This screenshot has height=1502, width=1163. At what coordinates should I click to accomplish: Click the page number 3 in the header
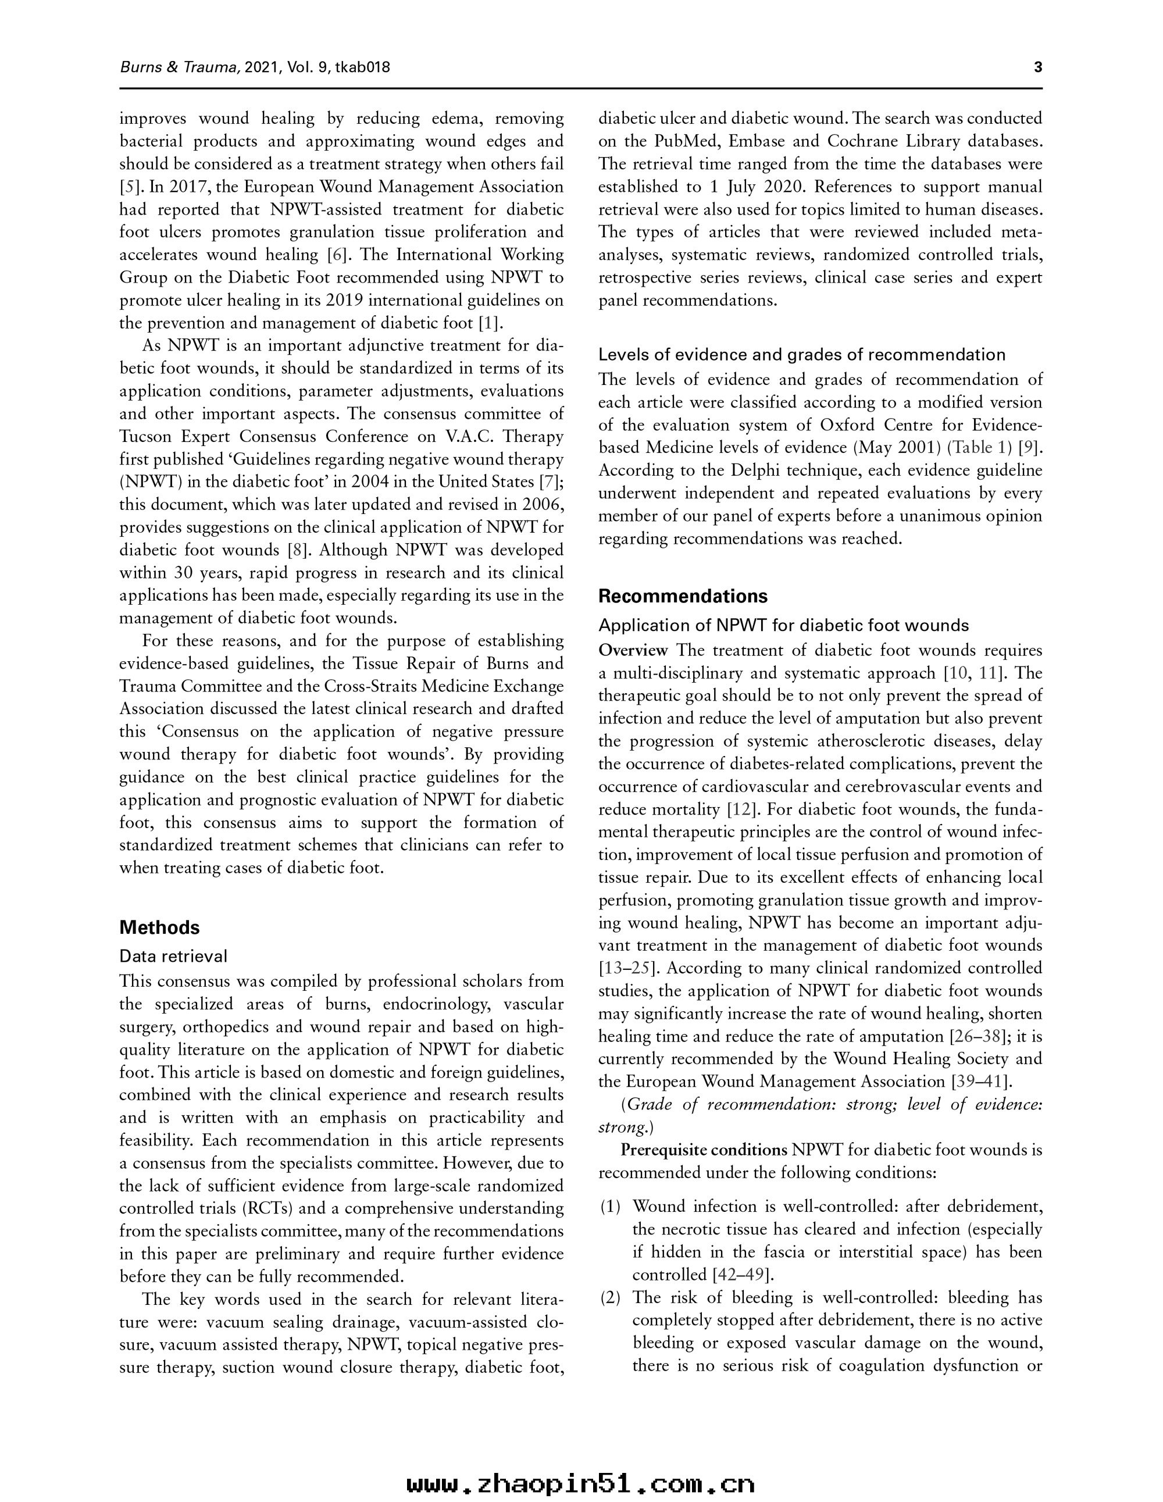tap(1038, 67)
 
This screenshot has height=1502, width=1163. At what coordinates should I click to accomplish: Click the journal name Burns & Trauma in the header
tap(180, 67)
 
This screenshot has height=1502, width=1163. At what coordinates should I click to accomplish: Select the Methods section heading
tap(159, 927)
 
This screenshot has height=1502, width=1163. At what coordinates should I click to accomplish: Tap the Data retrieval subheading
tap(173, 956)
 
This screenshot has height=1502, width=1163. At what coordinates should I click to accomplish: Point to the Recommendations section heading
tap(683, 595)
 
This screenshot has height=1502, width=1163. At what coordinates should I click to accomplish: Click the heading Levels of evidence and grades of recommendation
tap(801, 355)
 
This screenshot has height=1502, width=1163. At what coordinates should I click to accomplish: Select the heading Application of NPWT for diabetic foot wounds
tap(783, 625)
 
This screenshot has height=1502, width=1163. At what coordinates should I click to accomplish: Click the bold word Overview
tap(633, 651)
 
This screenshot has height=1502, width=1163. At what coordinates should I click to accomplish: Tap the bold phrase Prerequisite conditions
tap(704, 1150)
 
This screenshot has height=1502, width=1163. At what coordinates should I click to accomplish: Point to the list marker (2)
tap(610, 1298)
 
